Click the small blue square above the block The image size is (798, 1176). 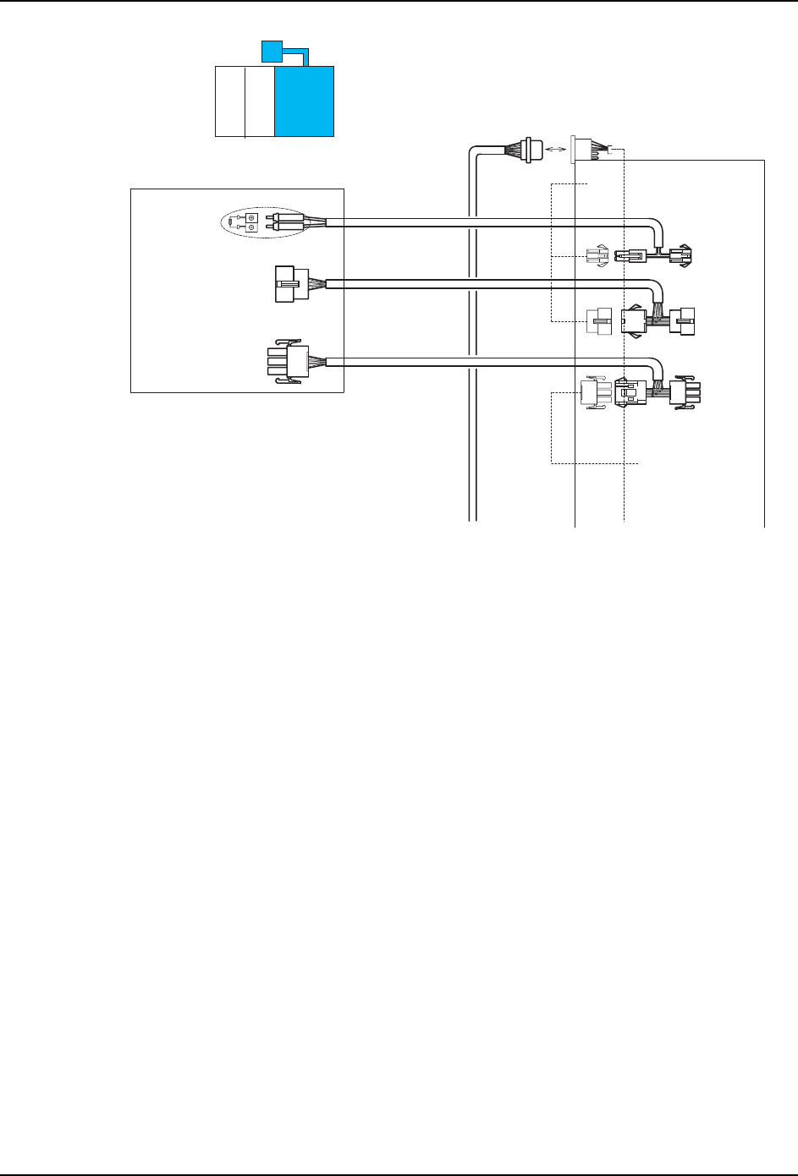tap(271, 52)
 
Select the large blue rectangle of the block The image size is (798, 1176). tap(305, 101)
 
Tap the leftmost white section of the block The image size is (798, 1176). tap(229, 101)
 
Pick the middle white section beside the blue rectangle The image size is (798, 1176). tap(259, 101)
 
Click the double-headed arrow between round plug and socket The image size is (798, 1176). tap(555, 149)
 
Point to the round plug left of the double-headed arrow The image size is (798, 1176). tap(530, 150)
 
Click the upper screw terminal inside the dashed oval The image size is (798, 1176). tap(250, 217)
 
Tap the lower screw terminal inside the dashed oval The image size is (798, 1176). tap(250, 227)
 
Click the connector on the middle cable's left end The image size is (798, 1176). tap(285, 283)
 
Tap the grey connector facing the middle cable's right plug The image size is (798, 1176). tap(597, 321)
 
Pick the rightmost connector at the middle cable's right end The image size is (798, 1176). tap(682, 321)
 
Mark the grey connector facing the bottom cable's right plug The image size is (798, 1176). tap(593, 394)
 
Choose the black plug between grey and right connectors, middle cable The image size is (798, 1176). tap(633, 321)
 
